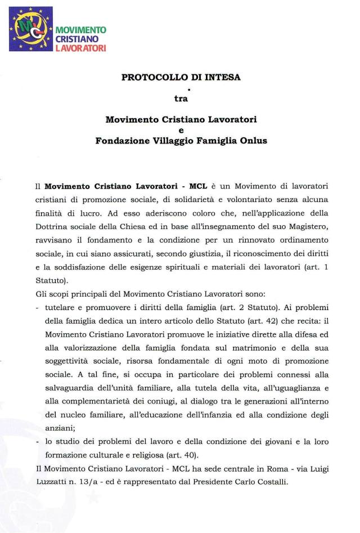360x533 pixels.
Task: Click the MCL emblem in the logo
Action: click(x=30, y=29)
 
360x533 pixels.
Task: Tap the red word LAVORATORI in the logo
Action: click(x=80, y=49)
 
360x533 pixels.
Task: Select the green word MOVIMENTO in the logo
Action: click(x=81, y=30)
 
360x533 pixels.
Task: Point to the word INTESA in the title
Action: click(x=222, y=78)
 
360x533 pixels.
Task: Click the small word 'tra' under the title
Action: click(x=181, y=98)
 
